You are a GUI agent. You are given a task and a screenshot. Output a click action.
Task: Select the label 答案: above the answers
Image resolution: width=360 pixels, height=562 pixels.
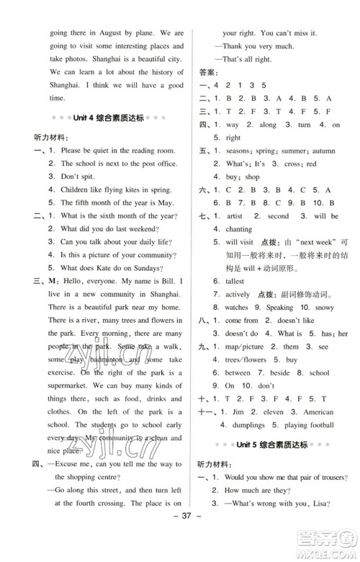pyautogui.click(x=207, y=72)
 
